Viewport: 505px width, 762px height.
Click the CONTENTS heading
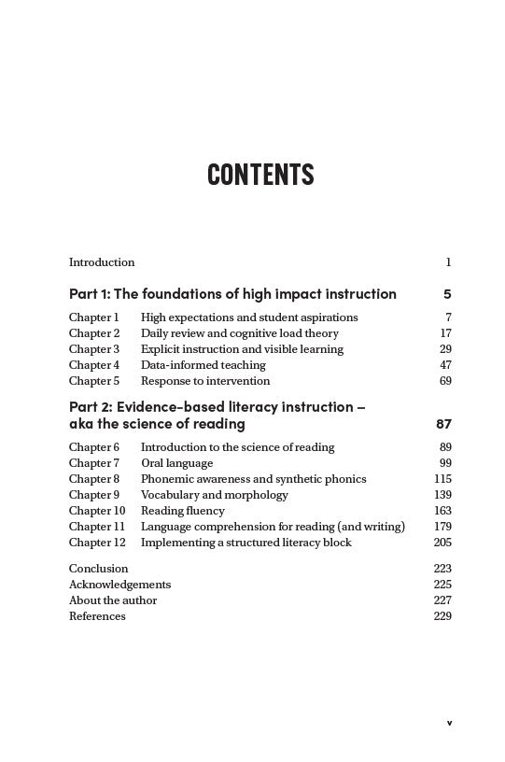tap(260, 175)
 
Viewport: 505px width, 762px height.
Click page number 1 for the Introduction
tap(448, 262)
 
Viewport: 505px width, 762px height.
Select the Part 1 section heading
tap(232, 294)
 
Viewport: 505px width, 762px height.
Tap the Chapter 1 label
tap(93, 317)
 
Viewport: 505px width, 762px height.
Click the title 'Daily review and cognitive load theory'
tap(239, 333)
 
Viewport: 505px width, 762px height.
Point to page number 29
tap(445, 349)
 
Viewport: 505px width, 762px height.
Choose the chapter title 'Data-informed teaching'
tap(203, 365)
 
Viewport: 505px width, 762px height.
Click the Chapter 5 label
tap(94, 381)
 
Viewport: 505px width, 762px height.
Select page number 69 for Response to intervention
tap(445, 381)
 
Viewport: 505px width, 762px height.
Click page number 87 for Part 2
tap(443, 424)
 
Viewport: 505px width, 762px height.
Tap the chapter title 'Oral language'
tap(176, 463)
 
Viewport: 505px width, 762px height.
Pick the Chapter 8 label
tap(94, 479)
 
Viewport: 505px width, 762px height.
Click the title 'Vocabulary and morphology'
tap(214, 495)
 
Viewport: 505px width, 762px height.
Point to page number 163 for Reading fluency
tap(442, 511)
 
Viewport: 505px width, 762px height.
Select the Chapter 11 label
tap(96, 527)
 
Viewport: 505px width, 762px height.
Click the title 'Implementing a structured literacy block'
tap(245, 543)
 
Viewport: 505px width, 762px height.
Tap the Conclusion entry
tap(98, 569)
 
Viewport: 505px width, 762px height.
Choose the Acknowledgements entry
tap(119, 585)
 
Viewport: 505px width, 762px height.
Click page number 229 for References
tap(442, 616)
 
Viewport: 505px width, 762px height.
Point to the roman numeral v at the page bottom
tap(449, 722)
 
